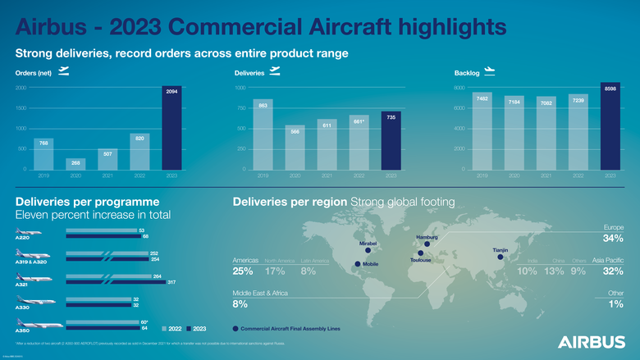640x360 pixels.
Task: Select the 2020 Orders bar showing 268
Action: click(75, 163)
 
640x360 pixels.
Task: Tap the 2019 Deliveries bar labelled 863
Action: click(263, 134)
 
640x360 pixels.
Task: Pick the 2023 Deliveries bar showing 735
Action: click(391, 140)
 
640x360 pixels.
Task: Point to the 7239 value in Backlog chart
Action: click(578, 100)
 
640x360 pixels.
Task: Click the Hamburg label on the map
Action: click(427, 237)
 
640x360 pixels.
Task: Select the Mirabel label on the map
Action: click(368, 243)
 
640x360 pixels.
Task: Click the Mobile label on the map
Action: click(371, 264)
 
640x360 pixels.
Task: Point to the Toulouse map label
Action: click(421, 260)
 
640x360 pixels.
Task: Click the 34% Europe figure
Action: click(613, 239)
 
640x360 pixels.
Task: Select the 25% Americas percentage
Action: click(243, 271)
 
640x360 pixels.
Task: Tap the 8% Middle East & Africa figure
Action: click(240, 304)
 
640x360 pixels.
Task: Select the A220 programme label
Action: click(25, 238)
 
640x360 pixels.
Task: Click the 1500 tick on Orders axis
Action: click(21, 108)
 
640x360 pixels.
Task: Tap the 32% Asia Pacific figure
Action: click(613, 271)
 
